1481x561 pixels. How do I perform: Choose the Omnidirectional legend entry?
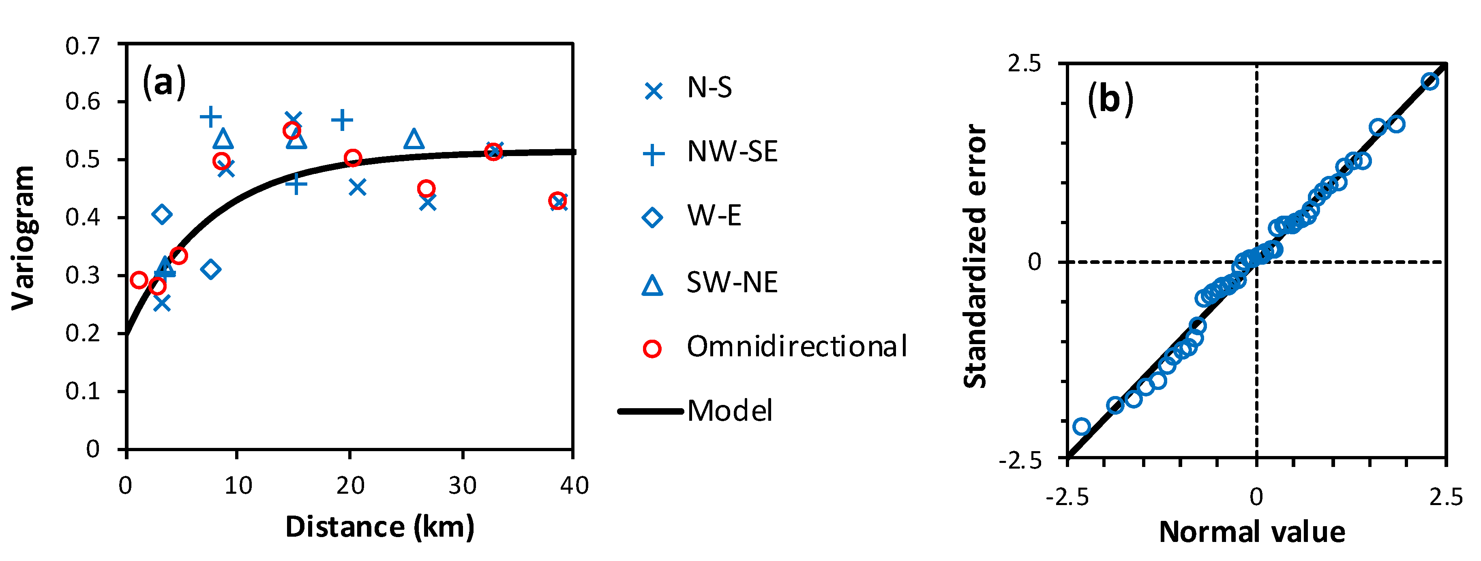coord(796,347)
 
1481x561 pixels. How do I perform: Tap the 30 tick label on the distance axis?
coord(462,486)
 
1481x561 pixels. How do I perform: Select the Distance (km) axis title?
coord(379,527)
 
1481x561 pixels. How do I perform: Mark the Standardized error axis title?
coord(975,256)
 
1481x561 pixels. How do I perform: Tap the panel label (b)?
coord(1110,99)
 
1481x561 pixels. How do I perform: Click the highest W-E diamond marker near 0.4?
coord(162,215)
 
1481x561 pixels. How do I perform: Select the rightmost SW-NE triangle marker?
coord(414,139)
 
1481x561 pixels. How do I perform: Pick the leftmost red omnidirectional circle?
coord(139,280)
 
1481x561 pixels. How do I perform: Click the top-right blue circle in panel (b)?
coord(1430,81)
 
